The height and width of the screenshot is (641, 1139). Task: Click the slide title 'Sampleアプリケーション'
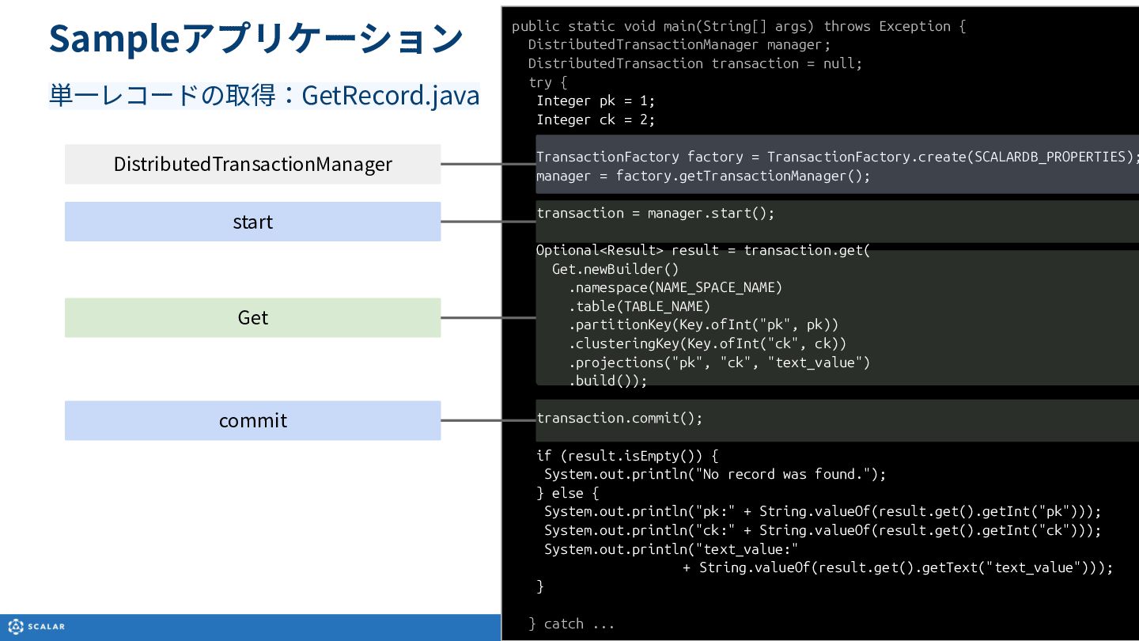click(255, 39)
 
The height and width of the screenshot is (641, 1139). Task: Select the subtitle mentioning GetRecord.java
click(264, 96)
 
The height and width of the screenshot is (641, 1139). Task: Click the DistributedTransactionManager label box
click(253, 165)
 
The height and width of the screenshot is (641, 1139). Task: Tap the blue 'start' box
click(253, 222)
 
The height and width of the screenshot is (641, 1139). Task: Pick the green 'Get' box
click(253, 317)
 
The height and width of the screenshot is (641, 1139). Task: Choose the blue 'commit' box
click(253, 421)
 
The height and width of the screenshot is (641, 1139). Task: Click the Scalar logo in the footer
click(36, 626)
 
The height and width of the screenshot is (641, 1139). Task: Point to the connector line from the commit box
click(488, 420)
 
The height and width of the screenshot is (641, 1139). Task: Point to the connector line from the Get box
click(488, 317)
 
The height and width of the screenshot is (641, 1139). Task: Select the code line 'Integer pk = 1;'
click(596, 101)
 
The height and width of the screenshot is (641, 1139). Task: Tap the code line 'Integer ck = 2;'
click(596, 119)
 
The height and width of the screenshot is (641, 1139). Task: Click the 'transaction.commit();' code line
click(619, 418)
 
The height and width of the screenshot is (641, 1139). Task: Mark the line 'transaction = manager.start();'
click(656, 213)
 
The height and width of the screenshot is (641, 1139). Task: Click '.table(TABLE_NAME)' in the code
click(639, 306)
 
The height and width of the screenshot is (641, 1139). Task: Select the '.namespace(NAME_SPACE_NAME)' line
click(675, 287)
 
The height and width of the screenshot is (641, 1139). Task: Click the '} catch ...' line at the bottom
click(571, 624)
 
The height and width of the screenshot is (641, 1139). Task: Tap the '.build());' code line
click(607, 381)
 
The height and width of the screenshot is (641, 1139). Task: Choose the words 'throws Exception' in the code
click(887, 26)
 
